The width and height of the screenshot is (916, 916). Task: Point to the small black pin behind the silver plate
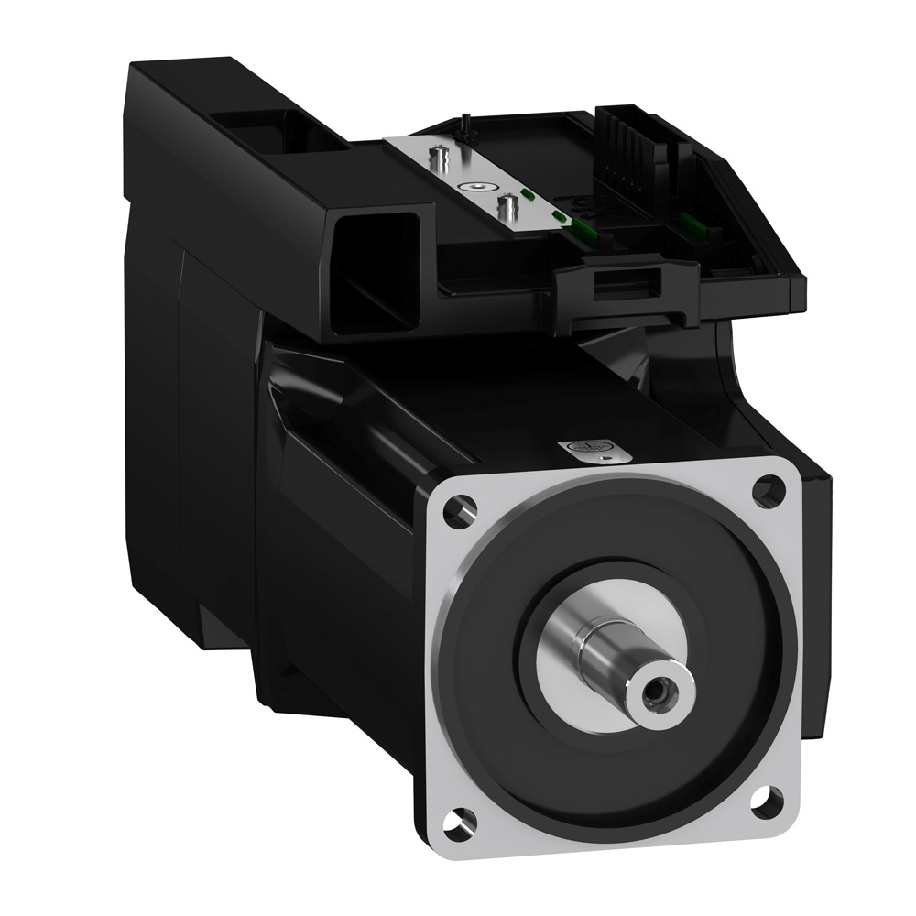tap(465, 121)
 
